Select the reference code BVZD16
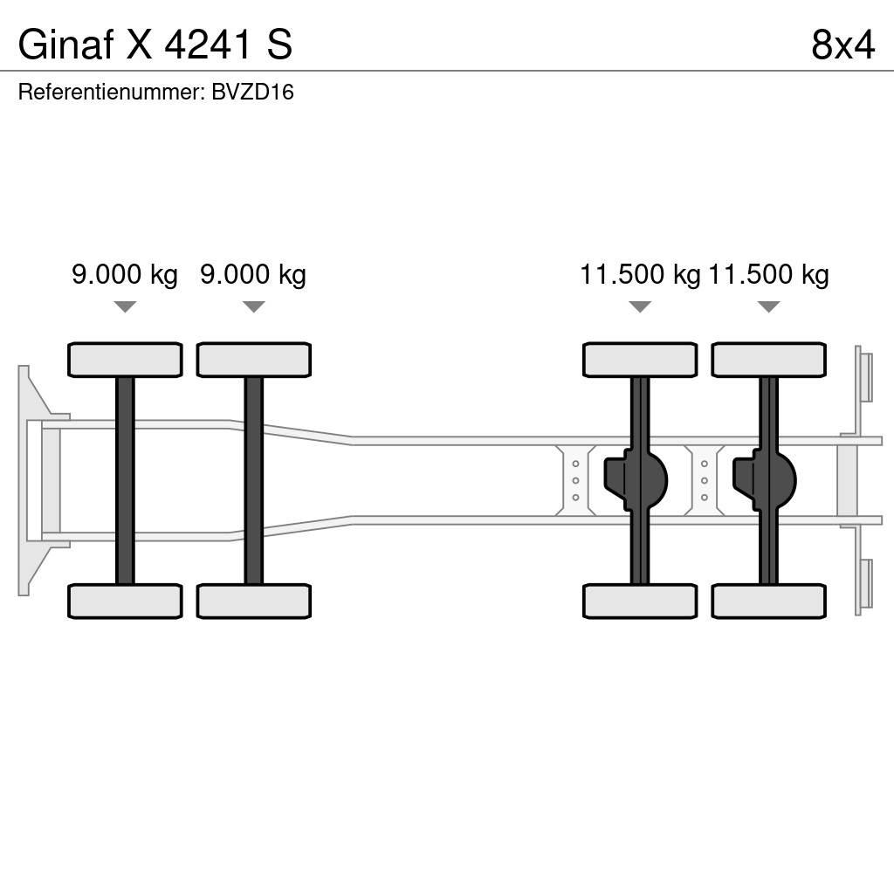[x=252, y=93]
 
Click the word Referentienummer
[x=110, y=93]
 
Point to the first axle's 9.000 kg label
[x=125, y=275]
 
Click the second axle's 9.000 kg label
[x=253, y=275]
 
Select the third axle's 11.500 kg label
[x=640, y=275]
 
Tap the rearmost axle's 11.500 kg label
[x=768, y=275]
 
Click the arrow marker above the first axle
[x=125, y=306]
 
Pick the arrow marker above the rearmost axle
[x=768, y=306]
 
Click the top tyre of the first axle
[x=125, y=360]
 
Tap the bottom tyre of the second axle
[x=253, y=601]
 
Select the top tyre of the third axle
[x=640, y=360]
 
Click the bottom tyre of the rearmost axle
[x=768, y=601]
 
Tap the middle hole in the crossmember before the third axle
[x=576, y=480]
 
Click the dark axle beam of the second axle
[x=253, y=480]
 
